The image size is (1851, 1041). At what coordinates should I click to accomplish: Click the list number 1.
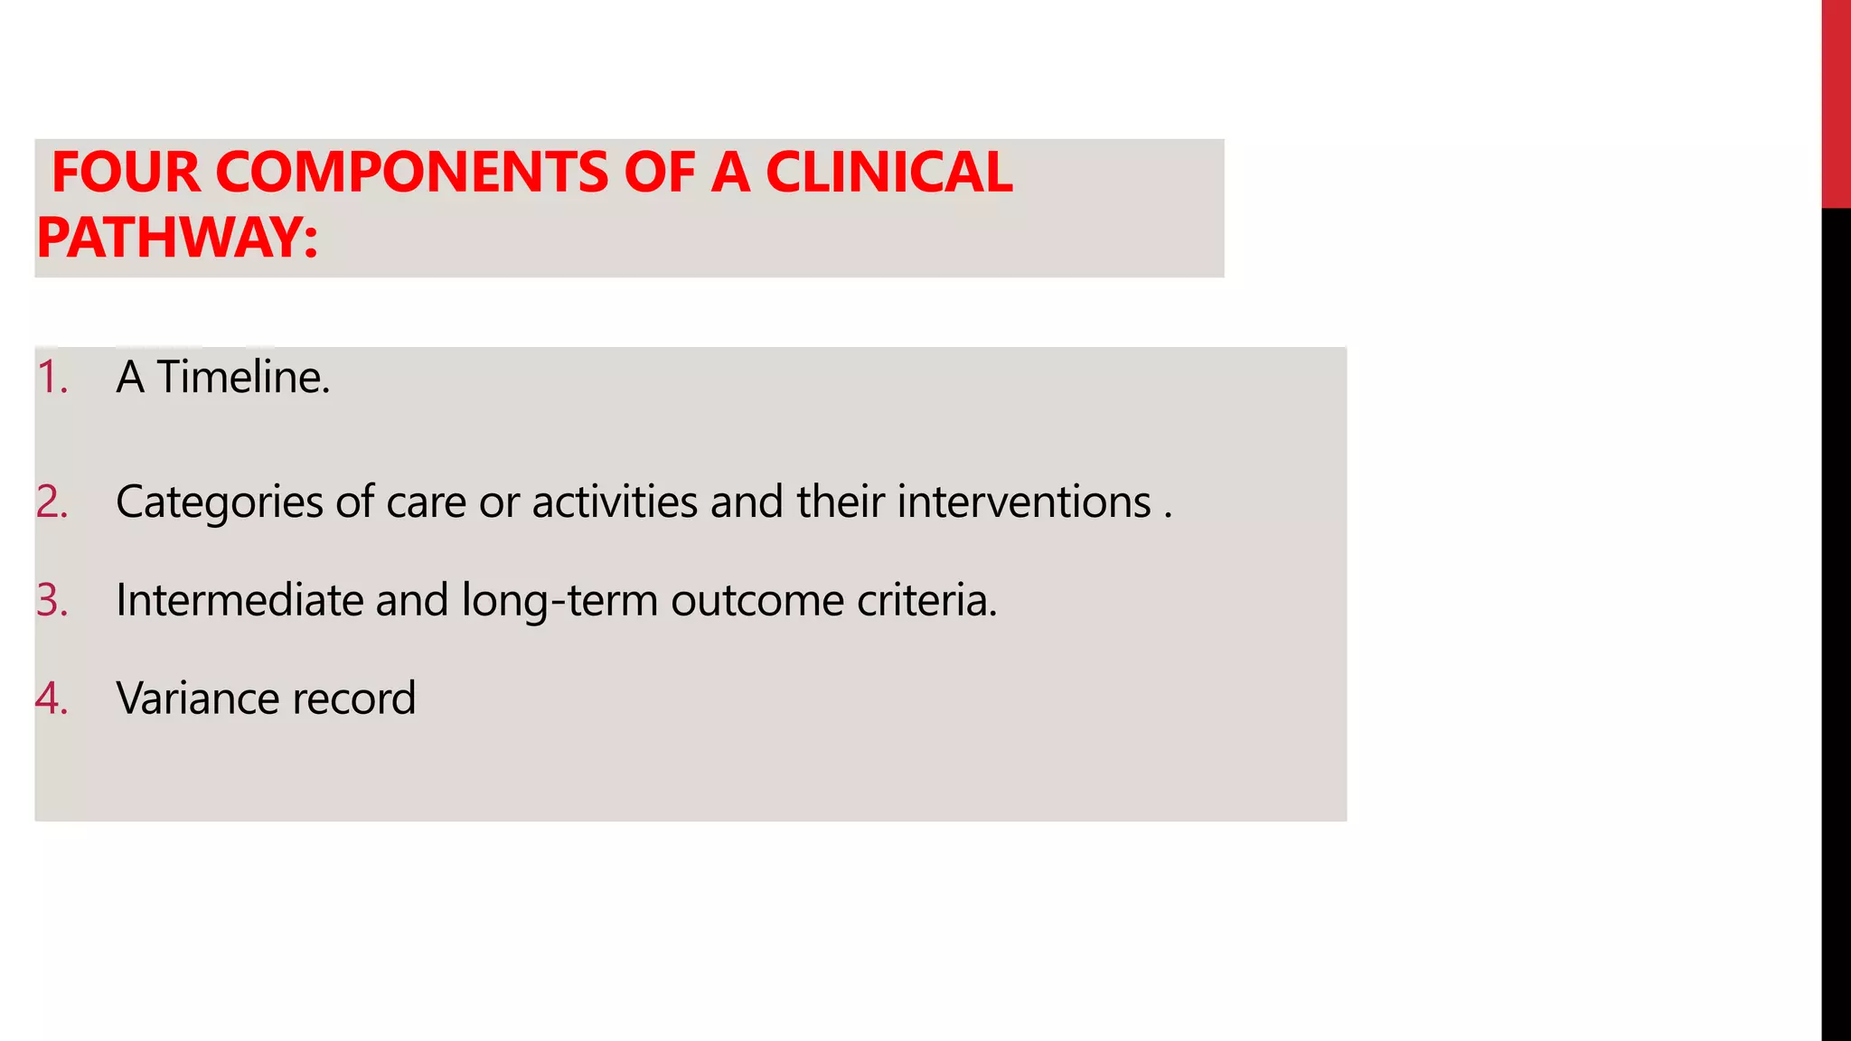[52, 377]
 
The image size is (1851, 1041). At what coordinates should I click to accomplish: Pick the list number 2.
[52, 502]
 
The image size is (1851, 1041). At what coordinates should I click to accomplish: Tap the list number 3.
[52, 600]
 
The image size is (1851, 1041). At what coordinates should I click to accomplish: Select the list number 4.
[52, 699]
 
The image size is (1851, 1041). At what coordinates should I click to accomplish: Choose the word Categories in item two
[219, 502]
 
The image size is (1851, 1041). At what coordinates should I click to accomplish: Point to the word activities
[615, 502]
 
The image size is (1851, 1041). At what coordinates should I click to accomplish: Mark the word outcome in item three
[757, 601]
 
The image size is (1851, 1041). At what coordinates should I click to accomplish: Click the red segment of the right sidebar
[1836, 104]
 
